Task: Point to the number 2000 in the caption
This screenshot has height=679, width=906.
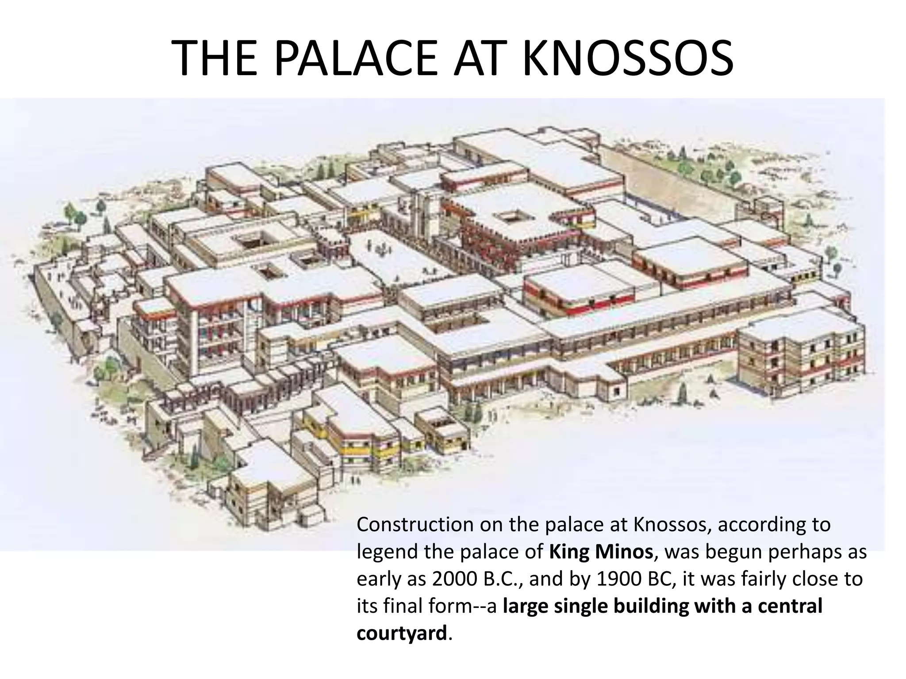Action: click(x=454, y=579)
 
